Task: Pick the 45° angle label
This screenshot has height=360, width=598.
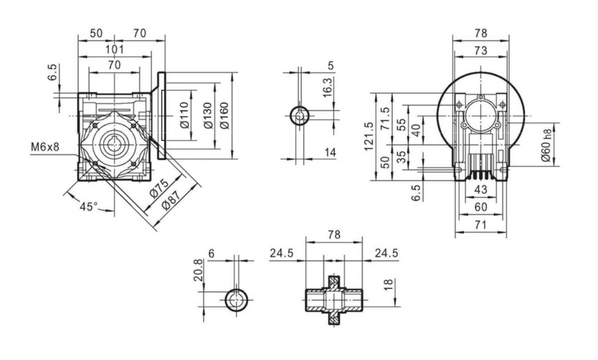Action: point(88,207)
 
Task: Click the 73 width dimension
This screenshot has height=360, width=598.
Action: point(480,51)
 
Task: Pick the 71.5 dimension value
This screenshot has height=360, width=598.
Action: point(386,119)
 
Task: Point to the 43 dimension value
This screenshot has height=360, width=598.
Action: point(481,190)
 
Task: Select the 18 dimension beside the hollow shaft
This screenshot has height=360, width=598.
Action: point(387,285)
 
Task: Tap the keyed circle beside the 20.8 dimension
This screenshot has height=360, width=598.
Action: point(236,300)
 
